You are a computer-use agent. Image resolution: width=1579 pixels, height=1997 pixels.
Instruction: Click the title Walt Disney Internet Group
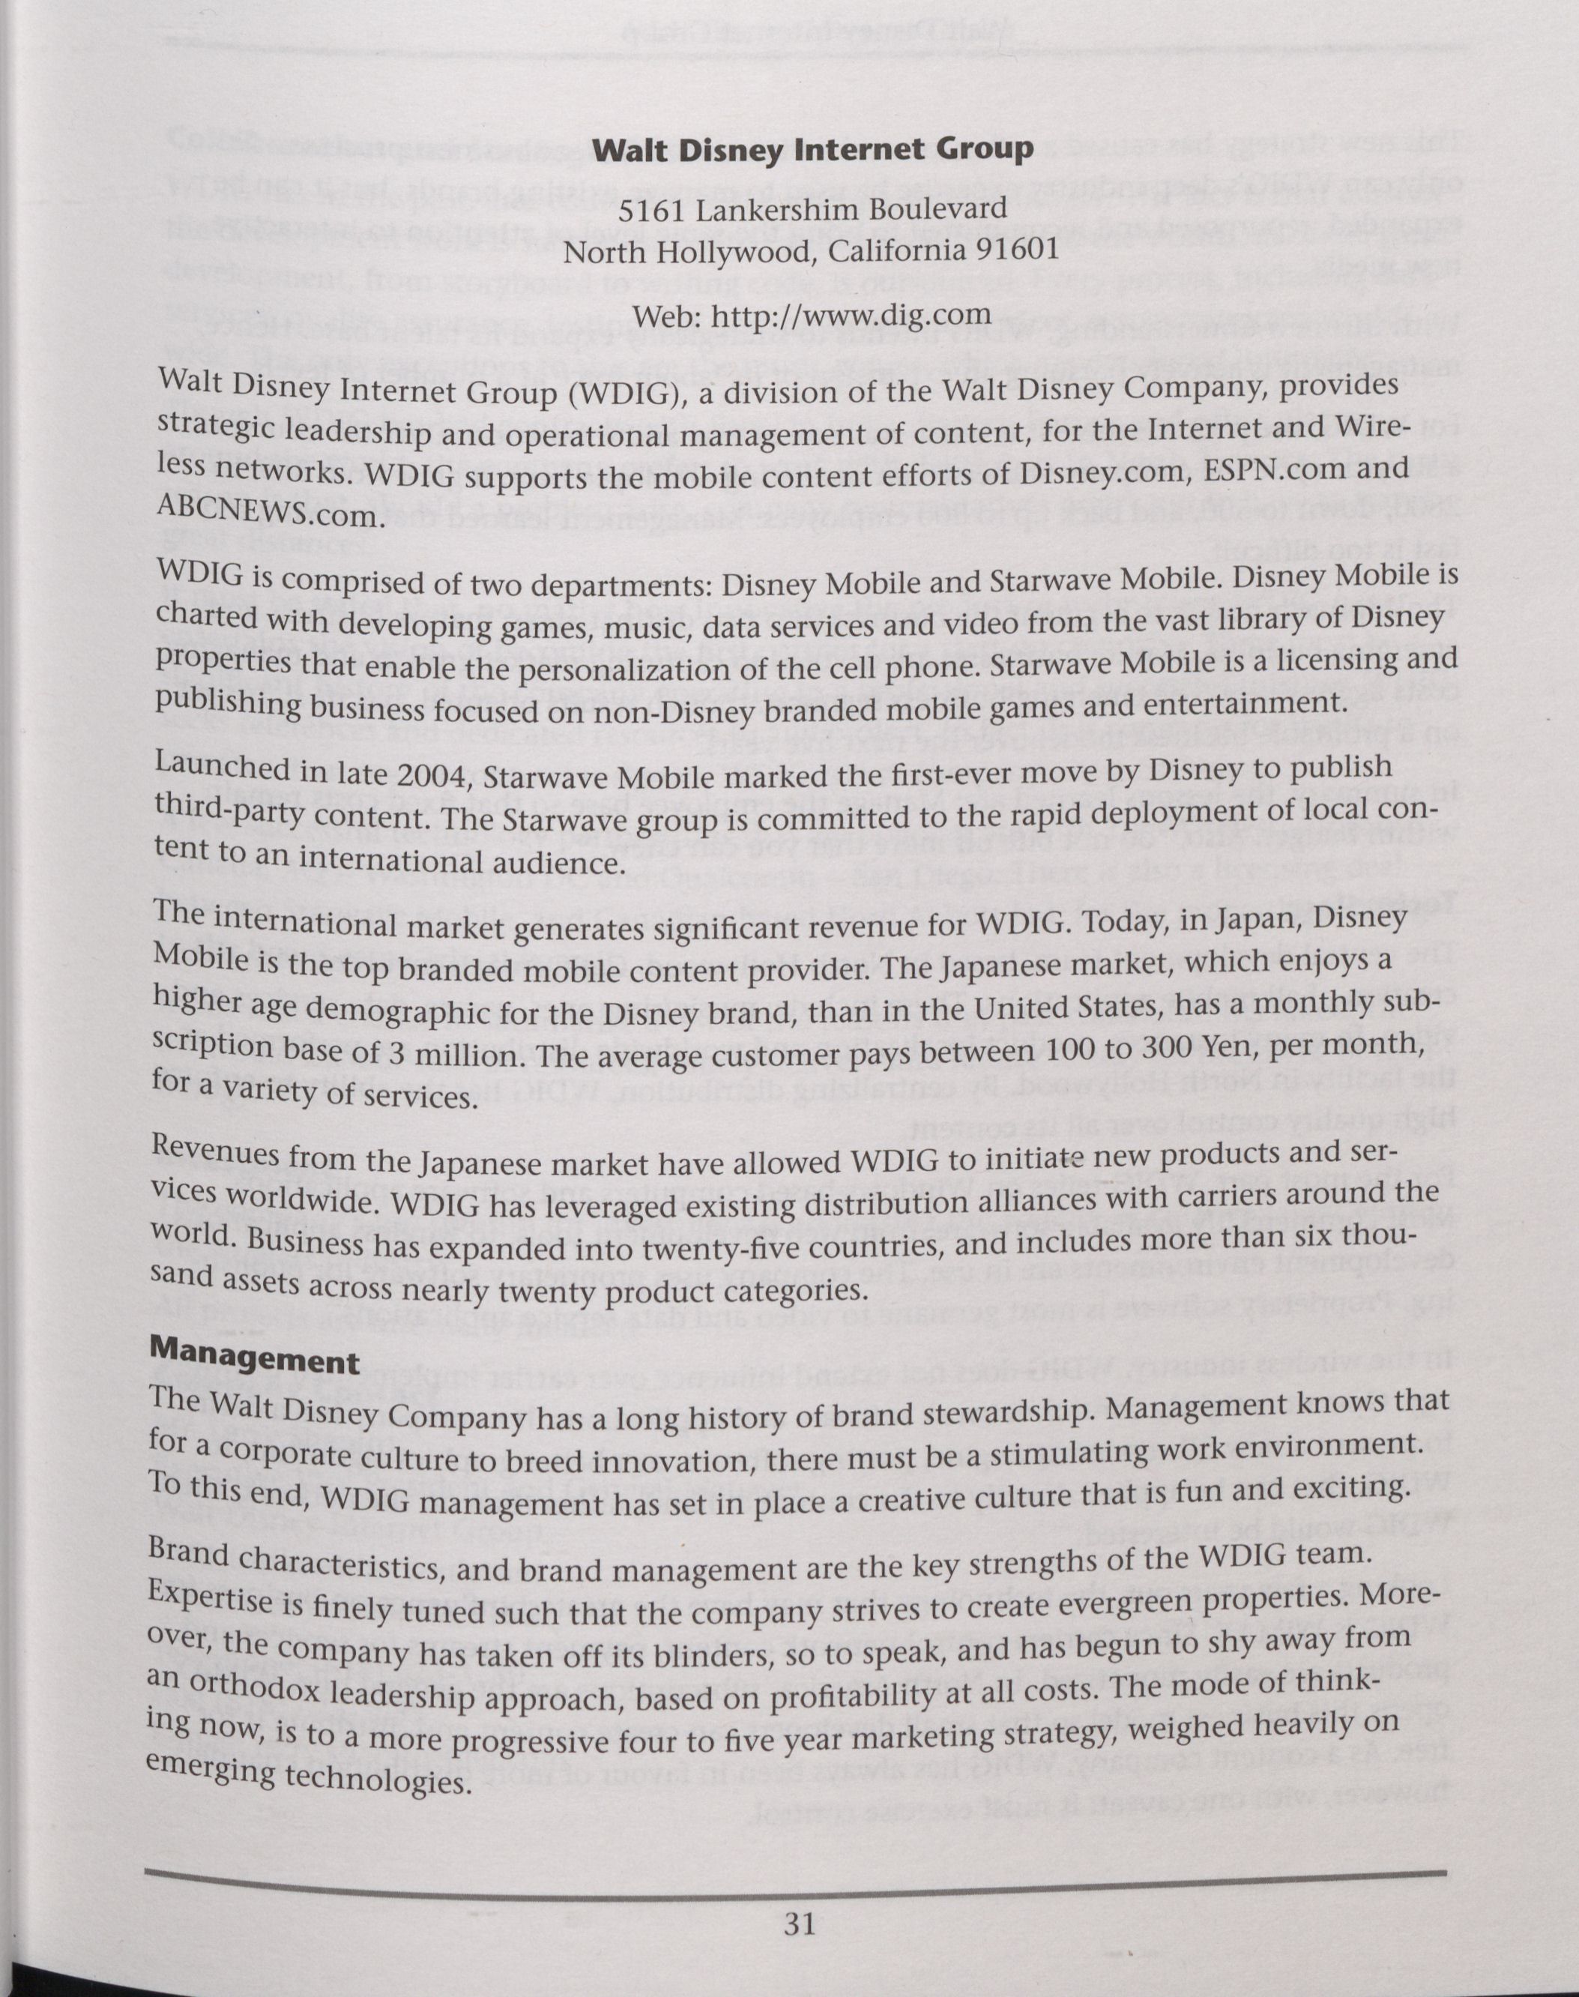tap(812, 151)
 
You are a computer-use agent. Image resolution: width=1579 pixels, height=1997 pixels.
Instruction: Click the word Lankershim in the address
tap(779, 210)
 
